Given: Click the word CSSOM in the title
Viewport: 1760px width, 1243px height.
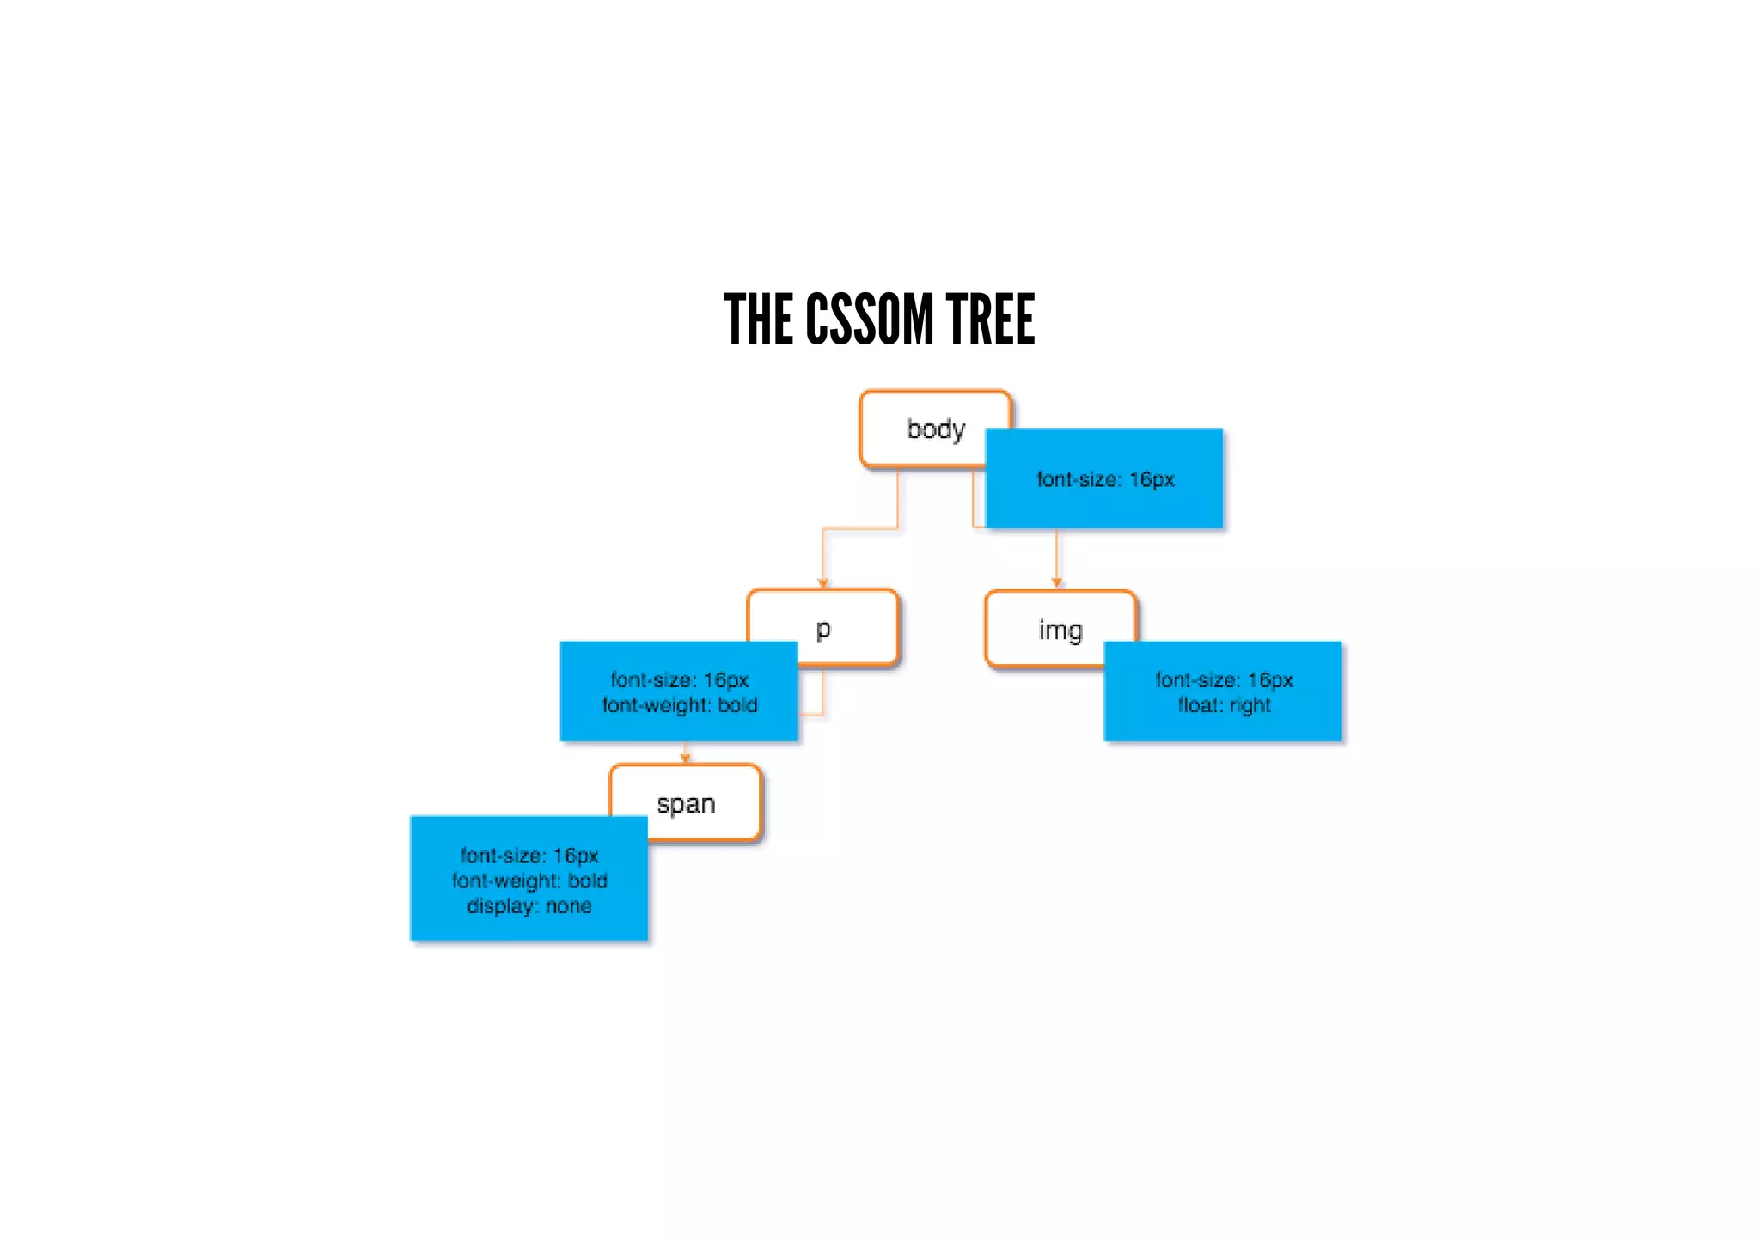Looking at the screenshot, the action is [x=868, y=320].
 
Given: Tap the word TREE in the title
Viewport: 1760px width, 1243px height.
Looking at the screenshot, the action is [x=990, y=320].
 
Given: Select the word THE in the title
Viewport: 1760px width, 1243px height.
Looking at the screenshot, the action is [x=758, y=320].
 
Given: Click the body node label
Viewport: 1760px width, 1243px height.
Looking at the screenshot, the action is [x=936, y=429].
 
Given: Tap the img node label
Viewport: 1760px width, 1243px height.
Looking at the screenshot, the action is [x=1060, y=630].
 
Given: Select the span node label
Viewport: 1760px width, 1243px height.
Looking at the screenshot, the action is [x=686, y=804].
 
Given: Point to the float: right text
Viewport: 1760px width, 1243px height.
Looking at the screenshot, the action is [x=1224, y=705].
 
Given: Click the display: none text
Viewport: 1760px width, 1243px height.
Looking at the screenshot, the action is [x=529, y=906].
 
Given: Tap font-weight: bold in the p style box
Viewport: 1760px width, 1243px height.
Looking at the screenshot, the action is [x=680, y=705].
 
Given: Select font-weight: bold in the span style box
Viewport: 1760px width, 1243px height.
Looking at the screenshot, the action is [x=529, y=880].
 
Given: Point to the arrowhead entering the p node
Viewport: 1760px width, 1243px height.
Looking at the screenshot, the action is [x=822, y=583].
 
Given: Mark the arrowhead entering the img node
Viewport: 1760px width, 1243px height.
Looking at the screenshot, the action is [x=1057, y=583].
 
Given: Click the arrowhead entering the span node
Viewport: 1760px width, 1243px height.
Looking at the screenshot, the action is [x=686, y=759].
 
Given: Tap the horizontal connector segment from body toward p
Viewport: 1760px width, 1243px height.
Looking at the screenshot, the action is [x=859, y=528].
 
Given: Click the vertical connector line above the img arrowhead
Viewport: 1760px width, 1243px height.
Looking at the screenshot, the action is [x=1057, y=553].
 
